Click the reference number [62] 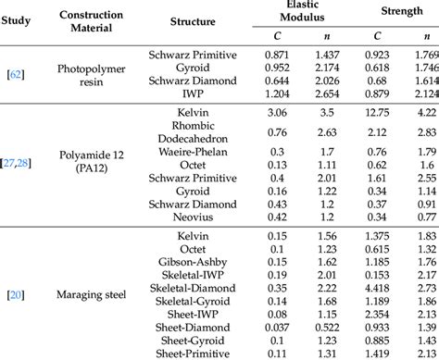pyautogui.click(x=17, y=73)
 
